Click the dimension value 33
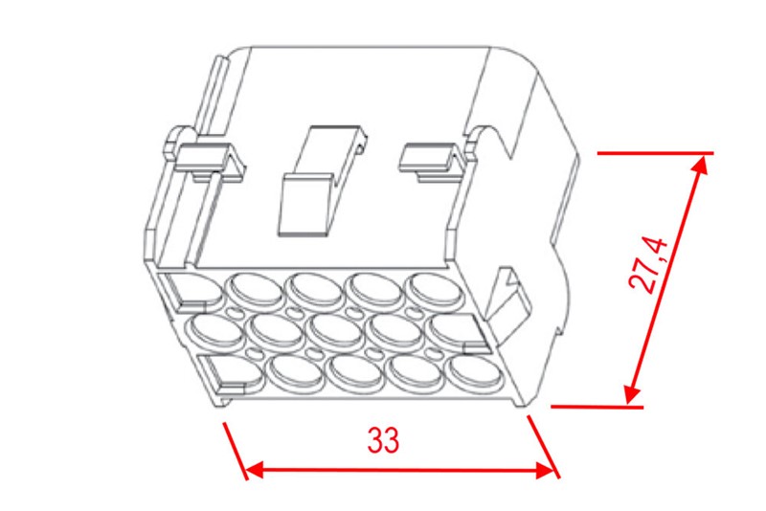pyautogui.click(x=384, y=440)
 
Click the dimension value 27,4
pyautogui.click(x=648, y=265)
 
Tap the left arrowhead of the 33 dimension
pyautogui.click(x=253, y=471)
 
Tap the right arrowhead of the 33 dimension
pyautogui.click(x=546, y=471)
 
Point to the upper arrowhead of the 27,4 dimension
pyautogui.click(x=700, y=165)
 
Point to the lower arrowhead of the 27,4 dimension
pyautogui.click(x=632, y=394)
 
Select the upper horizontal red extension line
pyautogui.click(x=656, y=153)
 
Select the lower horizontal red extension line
pyautogui.click(x=597, y=406)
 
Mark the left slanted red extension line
pyautogui.click(x=236, y=451)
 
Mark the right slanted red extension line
pyautogui.click(x=543, y=447)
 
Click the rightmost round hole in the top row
pyautogui.click(x=434, y=290)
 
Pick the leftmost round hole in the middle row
pyautogui.click(x=215, y=329)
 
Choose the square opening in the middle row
pyautogui.click(x=458, y=333)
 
